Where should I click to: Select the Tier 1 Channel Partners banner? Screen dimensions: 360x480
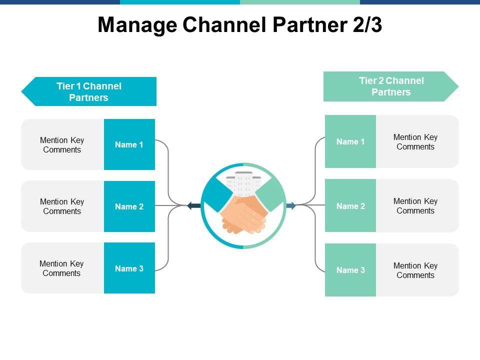[89, 91]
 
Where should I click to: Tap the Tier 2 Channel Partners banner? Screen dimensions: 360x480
[391, 86]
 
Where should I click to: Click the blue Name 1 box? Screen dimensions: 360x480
[129, 144]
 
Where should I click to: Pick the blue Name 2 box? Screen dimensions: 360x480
[129, 206]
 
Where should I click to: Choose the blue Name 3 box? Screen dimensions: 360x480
[129, 268]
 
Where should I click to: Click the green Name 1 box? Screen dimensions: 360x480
[350, 141]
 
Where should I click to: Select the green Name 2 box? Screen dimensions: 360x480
[350, 206]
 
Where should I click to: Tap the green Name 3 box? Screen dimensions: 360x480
[350, 270]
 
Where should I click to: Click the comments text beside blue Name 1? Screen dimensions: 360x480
[62, 145]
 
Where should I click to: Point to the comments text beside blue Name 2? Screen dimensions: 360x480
[62, 206]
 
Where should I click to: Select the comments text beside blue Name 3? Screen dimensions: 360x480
[61, 268]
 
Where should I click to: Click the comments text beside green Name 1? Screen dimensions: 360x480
[415, 142]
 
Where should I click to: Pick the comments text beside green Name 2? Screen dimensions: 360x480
[415, 206]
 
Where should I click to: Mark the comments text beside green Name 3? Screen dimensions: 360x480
[415, 270]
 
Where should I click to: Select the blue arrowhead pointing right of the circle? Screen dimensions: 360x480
[291, 205]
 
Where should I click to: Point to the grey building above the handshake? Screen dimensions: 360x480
[243, 182]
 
